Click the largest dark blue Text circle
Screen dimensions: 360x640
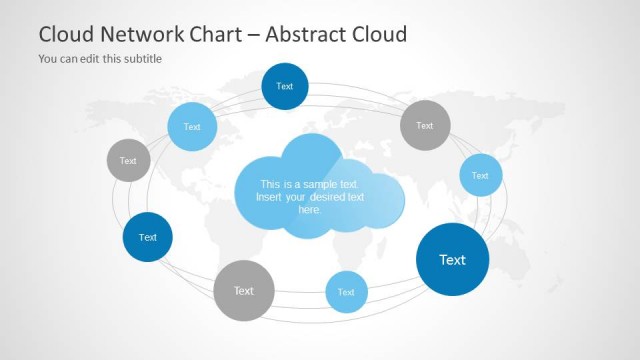(452, 260)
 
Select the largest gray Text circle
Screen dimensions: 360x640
(244, 291)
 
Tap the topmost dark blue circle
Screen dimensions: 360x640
(285, 86)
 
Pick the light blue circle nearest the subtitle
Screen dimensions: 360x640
(192, 127)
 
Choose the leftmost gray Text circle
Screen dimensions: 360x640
(128, 161)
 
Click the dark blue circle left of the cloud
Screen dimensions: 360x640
(148, 237)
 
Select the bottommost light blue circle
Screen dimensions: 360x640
(346, 292)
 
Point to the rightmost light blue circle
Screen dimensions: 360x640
(480, 175)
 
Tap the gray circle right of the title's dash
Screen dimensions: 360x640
(425, 126)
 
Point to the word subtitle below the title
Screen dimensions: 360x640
(141, 58)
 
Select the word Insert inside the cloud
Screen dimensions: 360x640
(270, 197)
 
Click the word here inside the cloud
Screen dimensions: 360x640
(310, 210)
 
